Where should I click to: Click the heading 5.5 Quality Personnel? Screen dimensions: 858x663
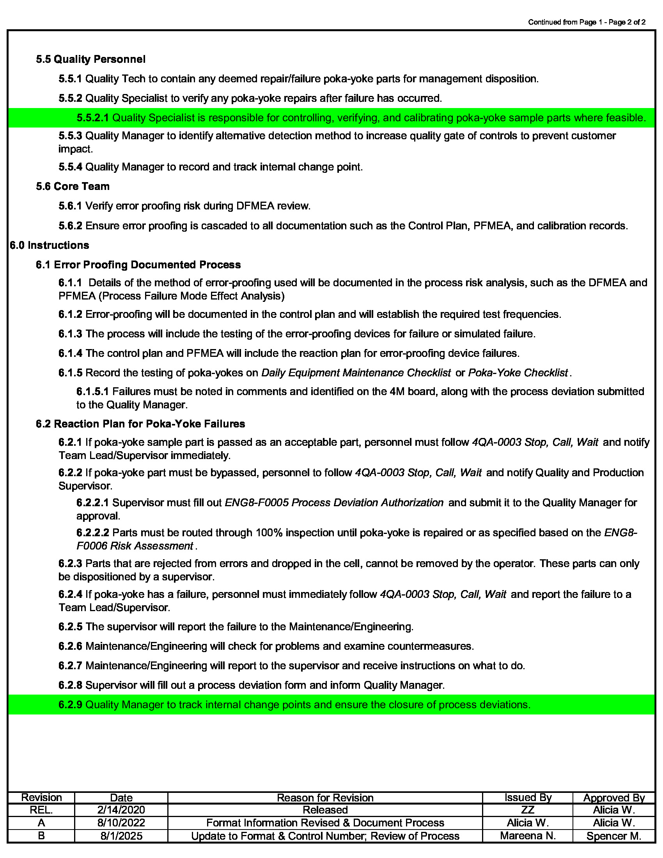tap(90, 59)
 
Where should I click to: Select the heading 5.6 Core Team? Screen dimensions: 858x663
tap(73, 186)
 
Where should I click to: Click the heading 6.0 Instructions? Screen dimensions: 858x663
tap(50, 245)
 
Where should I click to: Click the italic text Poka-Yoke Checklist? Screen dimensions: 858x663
tap(518, 372)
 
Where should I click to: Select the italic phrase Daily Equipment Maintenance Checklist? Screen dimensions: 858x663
tap(356, 372)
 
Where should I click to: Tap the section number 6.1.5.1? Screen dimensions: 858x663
tap(92, 392)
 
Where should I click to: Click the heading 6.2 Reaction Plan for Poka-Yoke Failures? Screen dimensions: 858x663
tap(140, 424)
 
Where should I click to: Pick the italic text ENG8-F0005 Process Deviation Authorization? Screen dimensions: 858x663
tap(334, 503)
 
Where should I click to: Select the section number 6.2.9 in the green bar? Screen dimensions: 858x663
tap(70, 705)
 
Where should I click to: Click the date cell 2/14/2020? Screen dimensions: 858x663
tap(121, 810)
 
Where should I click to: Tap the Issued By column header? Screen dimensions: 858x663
tap(528, 798)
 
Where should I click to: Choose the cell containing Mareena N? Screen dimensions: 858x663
tap(528, 836)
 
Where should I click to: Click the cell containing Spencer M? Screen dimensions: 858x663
tap(613, 836)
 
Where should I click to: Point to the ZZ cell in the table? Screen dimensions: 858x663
tap(528, 810)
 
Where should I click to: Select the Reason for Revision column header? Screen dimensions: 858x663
tap(325, 798)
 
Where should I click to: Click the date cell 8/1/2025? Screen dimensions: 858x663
tap(121, 836)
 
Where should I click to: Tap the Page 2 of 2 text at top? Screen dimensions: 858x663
tap(627, 22)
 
